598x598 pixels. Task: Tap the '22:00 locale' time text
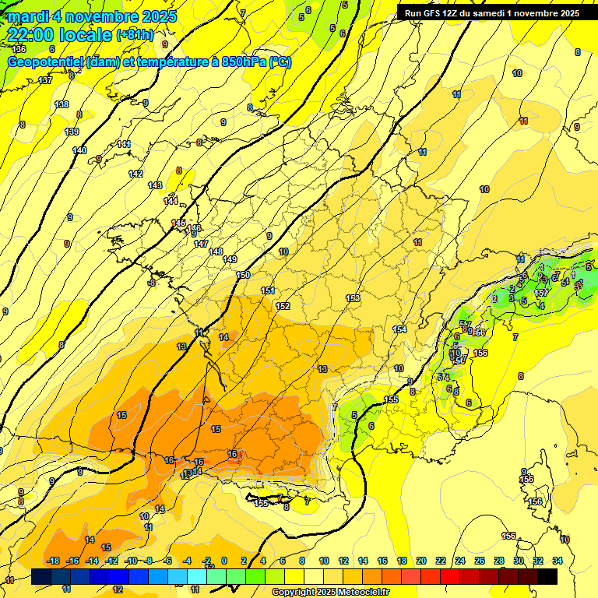point(60,35)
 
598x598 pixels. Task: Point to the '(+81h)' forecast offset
point(135,35)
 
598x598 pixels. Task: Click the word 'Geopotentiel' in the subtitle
point(45,62)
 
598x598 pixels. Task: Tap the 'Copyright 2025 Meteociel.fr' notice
point(331,593)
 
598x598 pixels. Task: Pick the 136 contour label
point(19,49)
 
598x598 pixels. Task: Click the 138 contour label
point(62,104)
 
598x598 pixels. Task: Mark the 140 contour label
point(79,150)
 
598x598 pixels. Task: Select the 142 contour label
point(136,174)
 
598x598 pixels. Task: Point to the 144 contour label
point(171,202)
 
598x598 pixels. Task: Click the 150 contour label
point(243,275)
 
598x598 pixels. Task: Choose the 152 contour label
point(283,306)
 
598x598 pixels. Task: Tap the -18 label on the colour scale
point(54,561)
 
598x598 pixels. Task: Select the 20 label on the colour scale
point(421,561)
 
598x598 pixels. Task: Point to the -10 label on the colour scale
point(131,561)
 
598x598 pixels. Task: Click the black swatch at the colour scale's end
point(547,576)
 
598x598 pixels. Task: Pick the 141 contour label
point(124,144)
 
